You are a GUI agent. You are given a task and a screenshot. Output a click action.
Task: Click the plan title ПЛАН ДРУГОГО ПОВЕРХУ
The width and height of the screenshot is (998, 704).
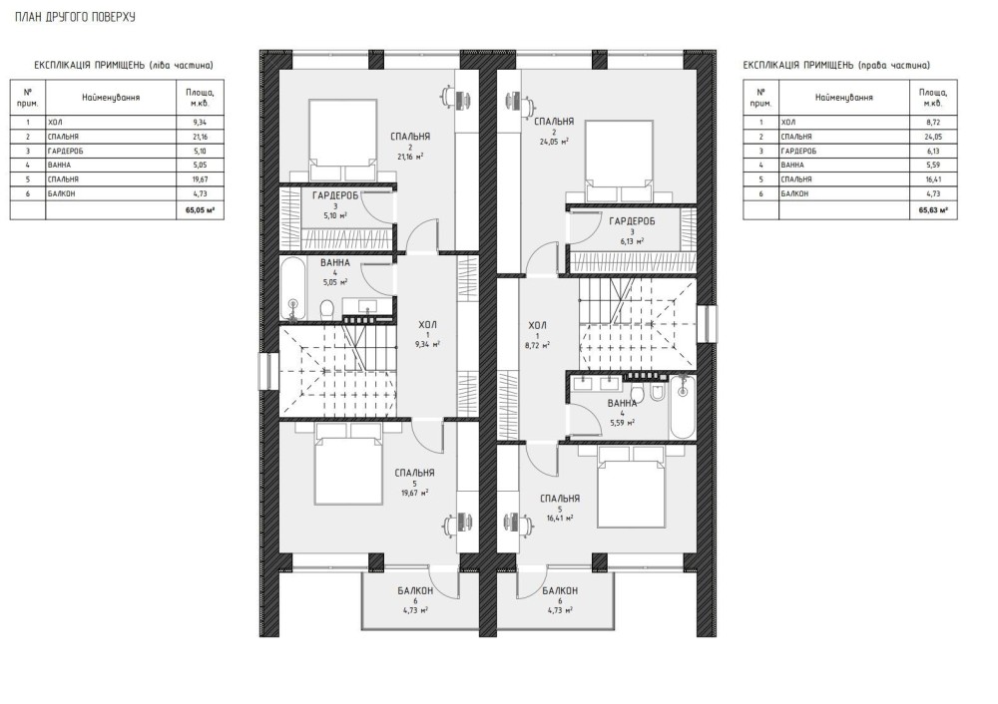(75, 17)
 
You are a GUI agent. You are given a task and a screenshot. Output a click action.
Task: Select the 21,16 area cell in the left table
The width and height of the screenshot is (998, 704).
(199, 137)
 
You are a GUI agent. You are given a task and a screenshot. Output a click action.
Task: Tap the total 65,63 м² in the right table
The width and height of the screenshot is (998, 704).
(933, 208)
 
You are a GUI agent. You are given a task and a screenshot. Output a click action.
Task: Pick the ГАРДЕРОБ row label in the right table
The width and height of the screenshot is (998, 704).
(798, 152)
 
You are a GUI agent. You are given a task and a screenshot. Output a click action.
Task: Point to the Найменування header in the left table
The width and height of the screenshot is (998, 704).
(111, 98)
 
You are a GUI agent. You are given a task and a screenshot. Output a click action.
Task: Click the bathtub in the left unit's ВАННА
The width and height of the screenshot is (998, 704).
(293, 290)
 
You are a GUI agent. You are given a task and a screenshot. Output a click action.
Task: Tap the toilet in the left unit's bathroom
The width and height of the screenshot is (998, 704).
(326, 309)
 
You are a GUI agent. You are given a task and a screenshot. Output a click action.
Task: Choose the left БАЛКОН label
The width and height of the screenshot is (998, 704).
(415, 599)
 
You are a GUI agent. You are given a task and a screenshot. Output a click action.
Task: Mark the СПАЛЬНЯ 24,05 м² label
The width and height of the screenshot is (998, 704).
(554, 131)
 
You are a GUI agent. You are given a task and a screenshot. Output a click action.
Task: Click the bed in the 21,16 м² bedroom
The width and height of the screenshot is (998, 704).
(342, 140)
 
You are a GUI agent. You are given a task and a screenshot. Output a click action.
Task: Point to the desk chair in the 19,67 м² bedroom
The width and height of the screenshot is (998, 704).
(451, 524)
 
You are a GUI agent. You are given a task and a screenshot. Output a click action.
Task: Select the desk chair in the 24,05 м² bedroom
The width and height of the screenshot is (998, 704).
(510, 100)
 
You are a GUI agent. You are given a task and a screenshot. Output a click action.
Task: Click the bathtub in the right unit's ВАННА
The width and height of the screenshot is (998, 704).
(683, 407)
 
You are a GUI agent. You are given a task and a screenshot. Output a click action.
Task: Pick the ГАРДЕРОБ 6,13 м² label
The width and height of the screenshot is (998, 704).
(632, 231)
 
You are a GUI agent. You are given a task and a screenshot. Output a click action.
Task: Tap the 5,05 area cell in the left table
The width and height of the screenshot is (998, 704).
(199, 166)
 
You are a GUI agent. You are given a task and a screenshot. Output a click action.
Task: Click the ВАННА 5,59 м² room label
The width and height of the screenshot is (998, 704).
(622, 413)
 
